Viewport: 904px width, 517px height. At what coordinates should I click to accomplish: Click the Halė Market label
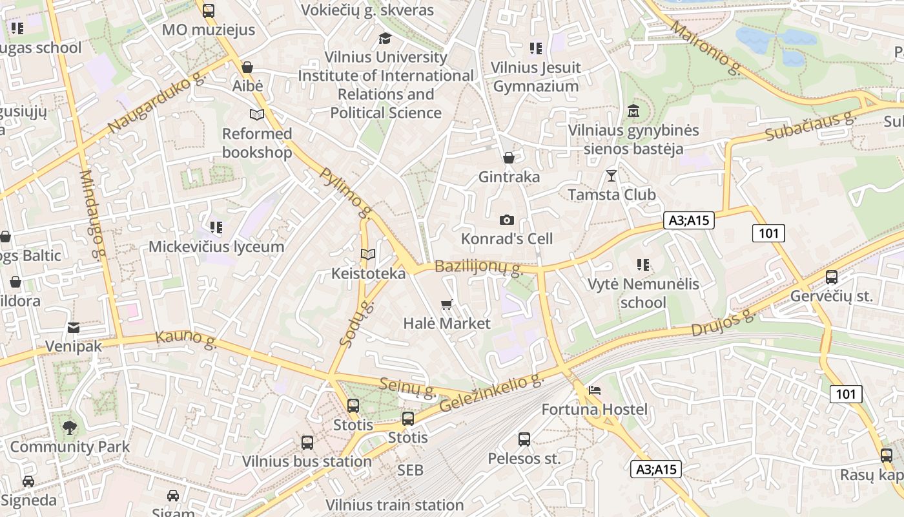point(447,323)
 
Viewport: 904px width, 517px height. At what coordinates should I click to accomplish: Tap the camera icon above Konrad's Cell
point(507,220)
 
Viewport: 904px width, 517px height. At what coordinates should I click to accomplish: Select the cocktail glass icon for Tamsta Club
point(611,175)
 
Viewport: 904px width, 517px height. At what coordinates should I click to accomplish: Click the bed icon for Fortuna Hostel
point(595,390)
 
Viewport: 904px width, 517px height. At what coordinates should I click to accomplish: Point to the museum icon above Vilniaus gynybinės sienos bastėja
point(633,111)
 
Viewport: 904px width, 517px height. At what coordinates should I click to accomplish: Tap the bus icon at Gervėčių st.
point(832,277)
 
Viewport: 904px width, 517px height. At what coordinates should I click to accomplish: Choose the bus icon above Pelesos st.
point(524,439)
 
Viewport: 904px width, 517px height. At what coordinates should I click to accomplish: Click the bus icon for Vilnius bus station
point(307,443)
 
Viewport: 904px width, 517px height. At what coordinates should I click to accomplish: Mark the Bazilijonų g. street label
point(478,268)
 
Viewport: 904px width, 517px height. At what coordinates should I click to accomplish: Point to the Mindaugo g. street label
point(92,214)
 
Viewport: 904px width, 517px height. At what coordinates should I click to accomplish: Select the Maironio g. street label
point(706,48)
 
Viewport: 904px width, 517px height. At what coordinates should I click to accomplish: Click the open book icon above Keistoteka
point(368,255)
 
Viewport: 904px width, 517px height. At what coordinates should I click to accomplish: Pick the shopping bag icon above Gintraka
point(509,158)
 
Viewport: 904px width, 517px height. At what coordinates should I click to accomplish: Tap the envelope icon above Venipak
point(74,328)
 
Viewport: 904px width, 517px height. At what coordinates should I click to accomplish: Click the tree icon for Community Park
point(70,427)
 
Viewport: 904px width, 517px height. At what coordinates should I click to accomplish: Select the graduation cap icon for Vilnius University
point(385,38)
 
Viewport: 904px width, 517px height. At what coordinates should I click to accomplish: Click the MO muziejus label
point(208,30)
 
